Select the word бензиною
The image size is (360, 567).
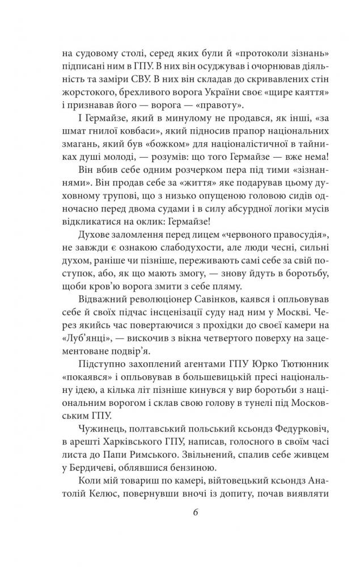point(189,472)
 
